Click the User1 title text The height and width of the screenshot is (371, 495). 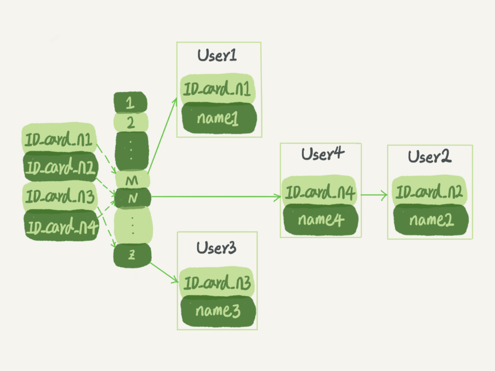[217, 56]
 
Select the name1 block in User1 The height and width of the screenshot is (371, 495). [218, 118]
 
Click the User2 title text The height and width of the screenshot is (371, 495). [430, 157]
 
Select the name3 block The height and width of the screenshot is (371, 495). [218, 310]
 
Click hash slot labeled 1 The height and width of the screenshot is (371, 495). [130, 103]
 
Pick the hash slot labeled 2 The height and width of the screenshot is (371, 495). [130, 123]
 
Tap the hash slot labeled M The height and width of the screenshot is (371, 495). [132, 180]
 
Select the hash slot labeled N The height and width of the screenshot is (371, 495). [132, 198]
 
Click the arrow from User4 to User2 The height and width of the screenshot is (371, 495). [374, 195]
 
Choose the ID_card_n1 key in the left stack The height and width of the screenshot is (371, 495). [59, 140]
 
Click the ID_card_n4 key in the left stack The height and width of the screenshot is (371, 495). [61, 226]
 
